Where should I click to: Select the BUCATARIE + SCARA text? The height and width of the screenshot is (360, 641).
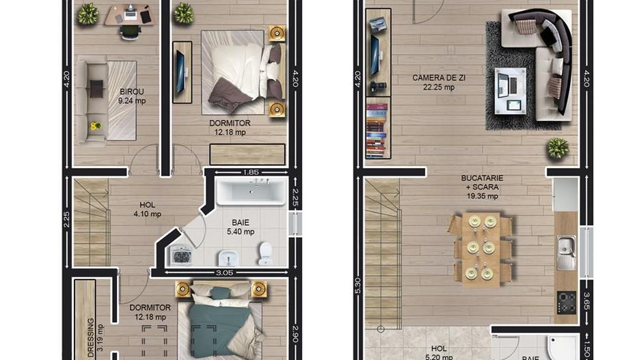[482, 186]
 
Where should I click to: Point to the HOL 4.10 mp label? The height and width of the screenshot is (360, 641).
[147, 208]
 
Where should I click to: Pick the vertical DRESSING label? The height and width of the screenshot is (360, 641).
[91, 337]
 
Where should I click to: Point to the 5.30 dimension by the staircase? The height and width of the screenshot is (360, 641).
[357, 286]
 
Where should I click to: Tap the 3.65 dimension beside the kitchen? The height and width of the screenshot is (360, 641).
[586, 301]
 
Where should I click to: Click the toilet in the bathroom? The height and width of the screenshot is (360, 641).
[265, 253]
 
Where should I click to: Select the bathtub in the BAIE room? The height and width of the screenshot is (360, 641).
[249, 193]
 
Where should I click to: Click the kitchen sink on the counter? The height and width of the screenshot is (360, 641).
[565, 252]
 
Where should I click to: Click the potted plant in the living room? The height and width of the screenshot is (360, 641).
[558, 148]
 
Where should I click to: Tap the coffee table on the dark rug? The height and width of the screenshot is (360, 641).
[508, 91]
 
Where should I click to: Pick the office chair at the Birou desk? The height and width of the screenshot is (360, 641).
[130, 31]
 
